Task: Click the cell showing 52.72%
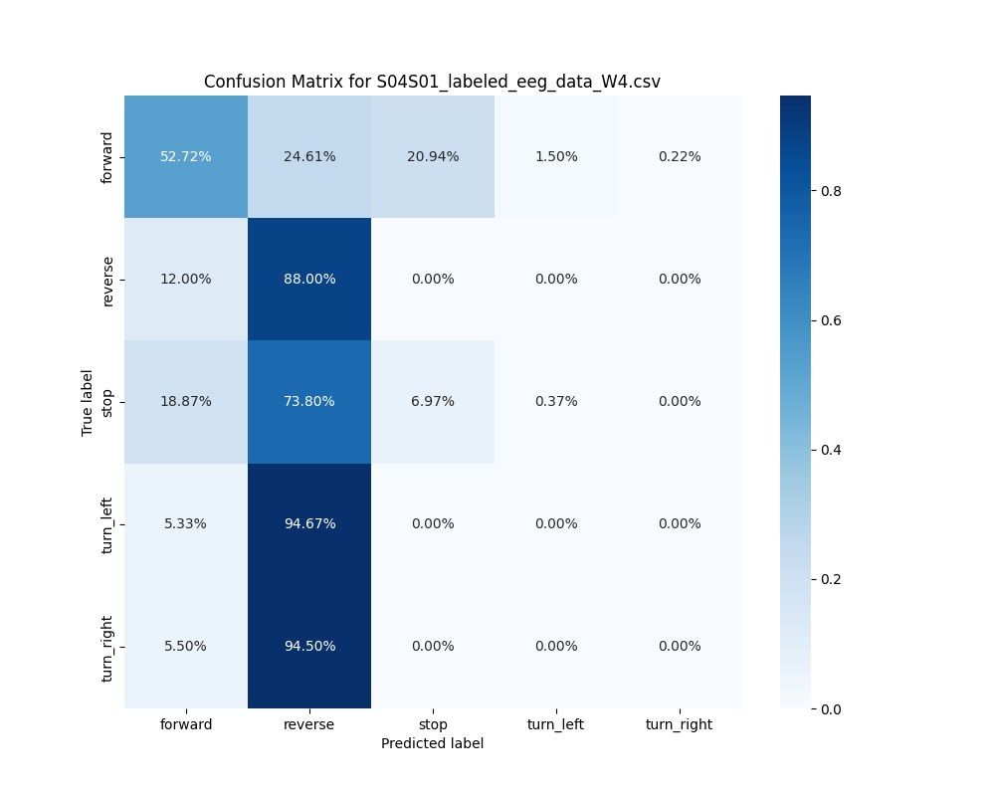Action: tap(186, 156)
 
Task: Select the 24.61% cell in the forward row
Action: tap(309, 156)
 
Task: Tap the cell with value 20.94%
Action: tap(433, 156)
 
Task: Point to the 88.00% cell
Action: tap(309, 279)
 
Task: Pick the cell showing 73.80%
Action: tap(309, 401)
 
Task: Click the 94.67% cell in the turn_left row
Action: tap(309, 523)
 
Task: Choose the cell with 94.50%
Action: tap(309, 646)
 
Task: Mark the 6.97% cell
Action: tap(433, 401)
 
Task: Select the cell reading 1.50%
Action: tap(556, 156)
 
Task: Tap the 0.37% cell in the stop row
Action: tap(556, 401)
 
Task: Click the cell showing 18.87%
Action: tap(186, 401)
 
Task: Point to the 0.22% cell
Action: tap(680, 156)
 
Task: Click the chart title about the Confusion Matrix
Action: tap(432, 82)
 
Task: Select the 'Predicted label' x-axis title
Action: tap(432, 743)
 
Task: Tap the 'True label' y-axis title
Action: tap(88, 402)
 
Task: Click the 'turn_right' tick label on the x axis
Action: tap(680, 724)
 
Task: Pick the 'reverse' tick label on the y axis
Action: tap(107, 280)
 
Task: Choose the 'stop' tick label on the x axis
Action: tap(433, 724)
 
